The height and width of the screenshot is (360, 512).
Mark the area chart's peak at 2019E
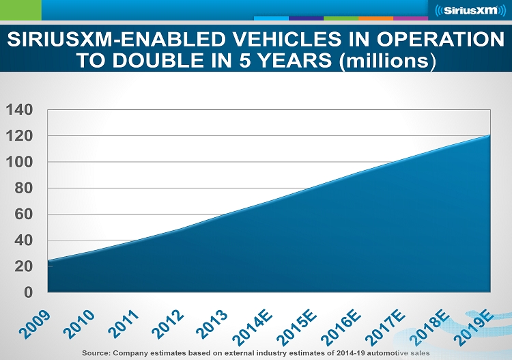tap(489, 135)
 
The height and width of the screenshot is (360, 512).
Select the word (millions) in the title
tap(386, 60)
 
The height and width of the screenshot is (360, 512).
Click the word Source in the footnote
tap(98, 352)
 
